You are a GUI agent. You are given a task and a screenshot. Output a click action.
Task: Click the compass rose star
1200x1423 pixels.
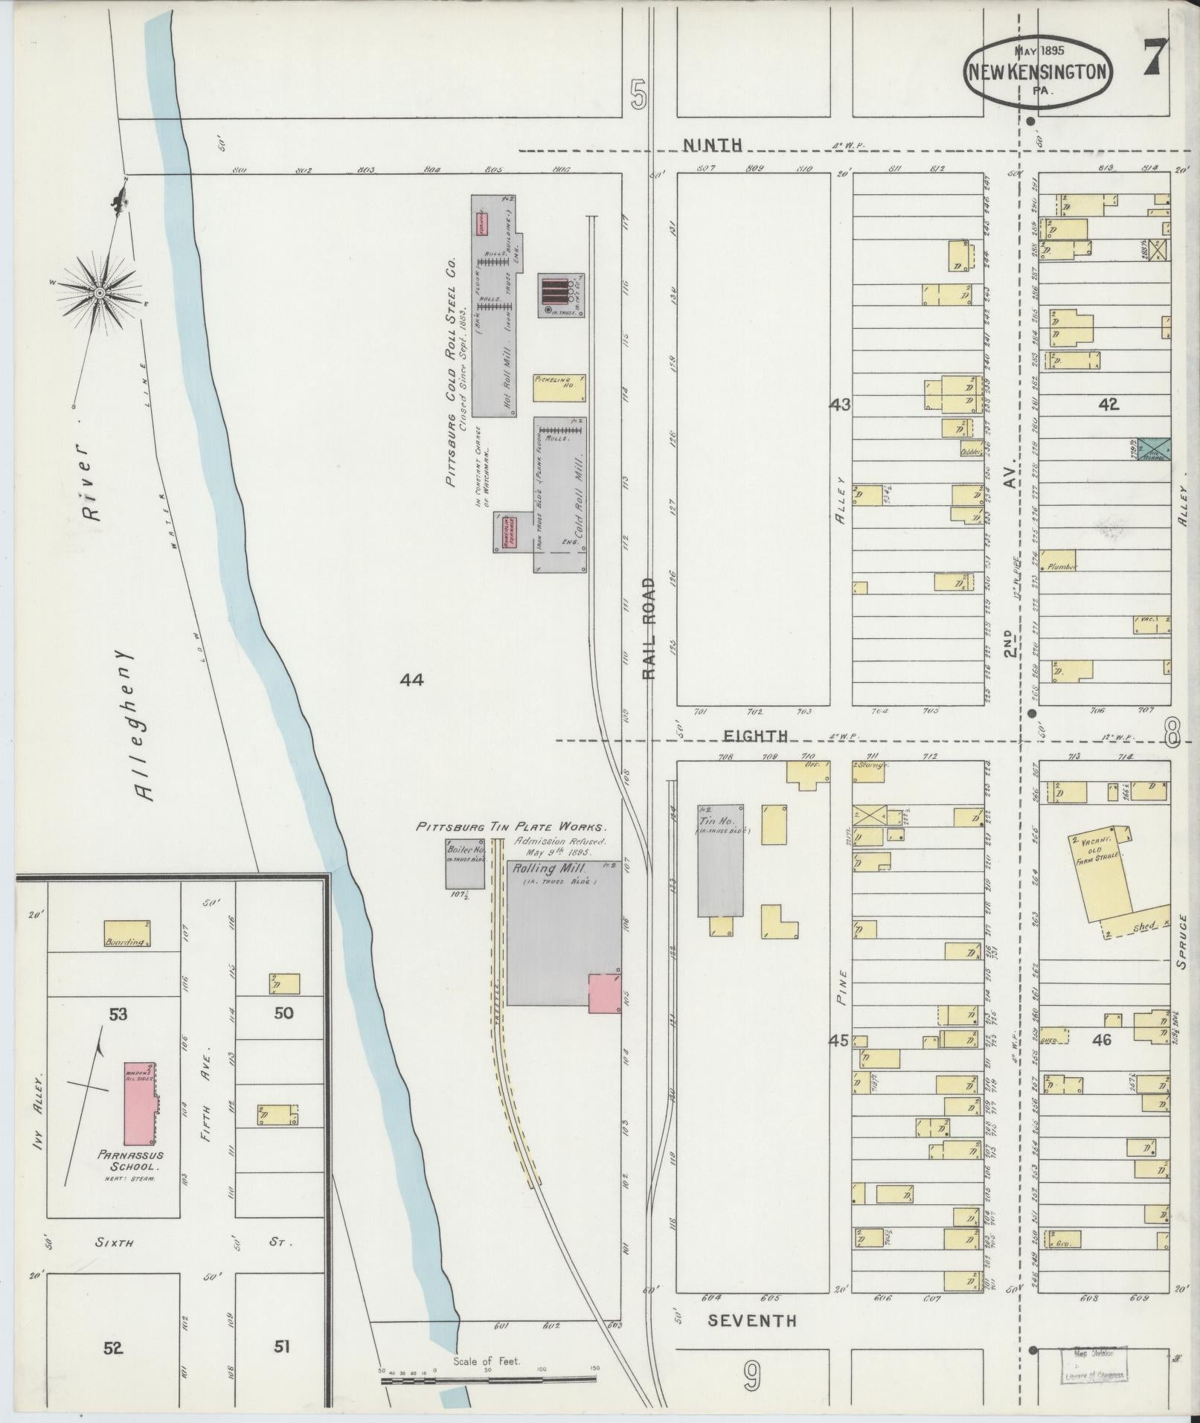(98, 293)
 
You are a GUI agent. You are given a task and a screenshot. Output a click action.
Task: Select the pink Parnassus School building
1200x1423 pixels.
(140, 1104)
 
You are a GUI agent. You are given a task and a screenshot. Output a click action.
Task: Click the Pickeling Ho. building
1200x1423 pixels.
(559, 388)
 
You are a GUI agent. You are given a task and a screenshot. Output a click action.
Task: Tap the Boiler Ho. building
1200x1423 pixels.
(465, 864)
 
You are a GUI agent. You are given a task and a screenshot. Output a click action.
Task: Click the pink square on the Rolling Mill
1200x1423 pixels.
(604, 993)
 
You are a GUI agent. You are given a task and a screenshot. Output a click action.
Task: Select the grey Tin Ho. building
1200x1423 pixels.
(719, 859)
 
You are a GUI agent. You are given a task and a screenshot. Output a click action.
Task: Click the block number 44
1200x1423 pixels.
(411, 679)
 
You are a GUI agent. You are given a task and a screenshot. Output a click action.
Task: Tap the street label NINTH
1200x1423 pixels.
(713, 145)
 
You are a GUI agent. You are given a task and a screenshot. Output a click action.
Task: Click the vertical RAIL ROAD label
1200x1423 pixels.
(649, 628)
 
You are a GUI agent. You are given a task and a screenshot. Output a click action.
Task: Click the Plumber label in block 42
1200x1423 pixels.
(1062, 566)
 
